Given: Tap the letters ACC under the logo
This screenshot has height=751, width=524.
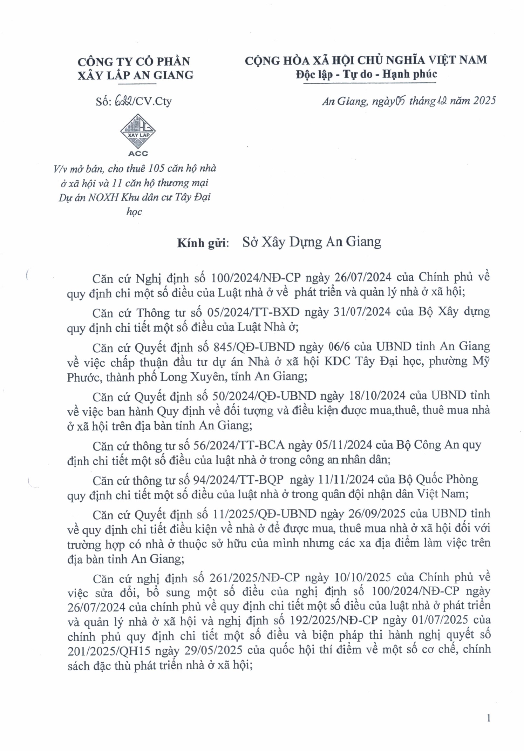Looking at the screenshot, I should click(138, 153).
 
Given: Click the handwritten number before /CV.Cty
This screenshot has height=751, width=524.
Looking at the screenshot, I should click(123, 101).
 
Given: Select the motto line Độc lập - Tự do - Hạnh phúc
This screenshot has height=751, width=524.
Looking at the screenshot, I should click(366, 74).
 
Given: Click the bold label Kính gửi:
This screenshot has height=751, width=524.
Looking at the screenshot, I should click(203, 243).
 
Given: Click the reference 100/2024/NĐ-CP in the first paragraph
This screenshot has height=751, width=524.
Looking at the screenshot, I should click(256, 278).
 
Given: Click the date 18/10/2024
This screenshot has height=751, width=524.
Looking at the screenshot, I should click(377, 395).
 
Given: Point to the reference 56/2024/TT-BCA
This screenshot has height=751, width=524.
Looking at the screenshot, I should click(239, 445).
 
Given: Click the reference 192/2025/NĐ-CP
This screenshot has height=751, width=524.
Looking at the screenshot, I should click(334, 621).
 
